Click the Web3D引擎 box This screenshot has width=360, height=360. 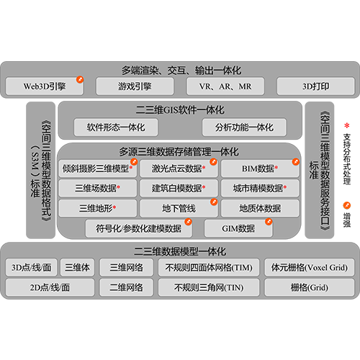pyautogui.click(x=45, y=86)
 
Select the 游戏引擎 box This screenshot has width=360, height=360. pyautogui.click(x=135, y=86)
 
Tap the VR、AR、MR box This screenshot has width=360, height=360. pyautogui.click(x=225, y=86)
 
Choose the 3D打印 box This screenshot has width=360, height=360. pyautogui.click(x=315, y=86)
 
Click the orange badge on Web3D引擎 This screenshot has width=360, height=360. pyautogui.click(x=80, y=79)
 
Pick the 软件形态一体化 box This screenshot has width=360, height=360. pyautogui.click(x=116, y=127)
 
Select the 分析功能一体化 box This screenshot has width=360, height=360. pyautogui.click(x=244, y=127)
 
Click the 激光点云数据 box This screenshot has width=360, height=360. pyautogui.click(x=179, y=168)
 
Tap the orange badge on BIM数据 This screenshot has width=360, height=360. pyautogui.click(x=296, y=162)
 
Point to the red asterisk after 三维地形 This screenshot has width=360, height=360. pyautogui.click(x=114, y=207)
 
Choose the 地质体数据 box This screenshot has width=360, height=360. pyautogui.click(x=260, y=208)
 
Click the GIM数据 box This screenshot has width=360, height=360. pyautogui.click(x=238, y=228)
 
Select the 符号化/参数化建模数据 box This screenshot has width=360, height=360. pyautogui.click(x=139, y=228)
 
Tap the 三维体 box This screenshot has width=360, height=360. pyautogui.click(x=77, y=267)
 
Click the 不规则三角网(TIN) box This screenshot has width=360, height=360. pyautogui.click(x=209, y=287)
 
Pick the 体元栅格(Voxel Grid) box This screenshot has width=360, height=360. pyautogui.click(x=310, y=267)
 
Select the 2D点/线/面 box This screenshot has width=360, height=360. pyautogui.click(x=50, y=287)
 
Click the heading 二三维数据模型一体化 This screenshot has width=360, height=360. pyautogui.click(x=180, y=251)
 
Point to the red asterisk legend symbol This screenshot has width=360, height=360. pyautogui.click(x=346, y=125)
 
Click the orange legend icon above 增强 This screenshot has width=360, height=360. pyautogui.click(x=346, y=205)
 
